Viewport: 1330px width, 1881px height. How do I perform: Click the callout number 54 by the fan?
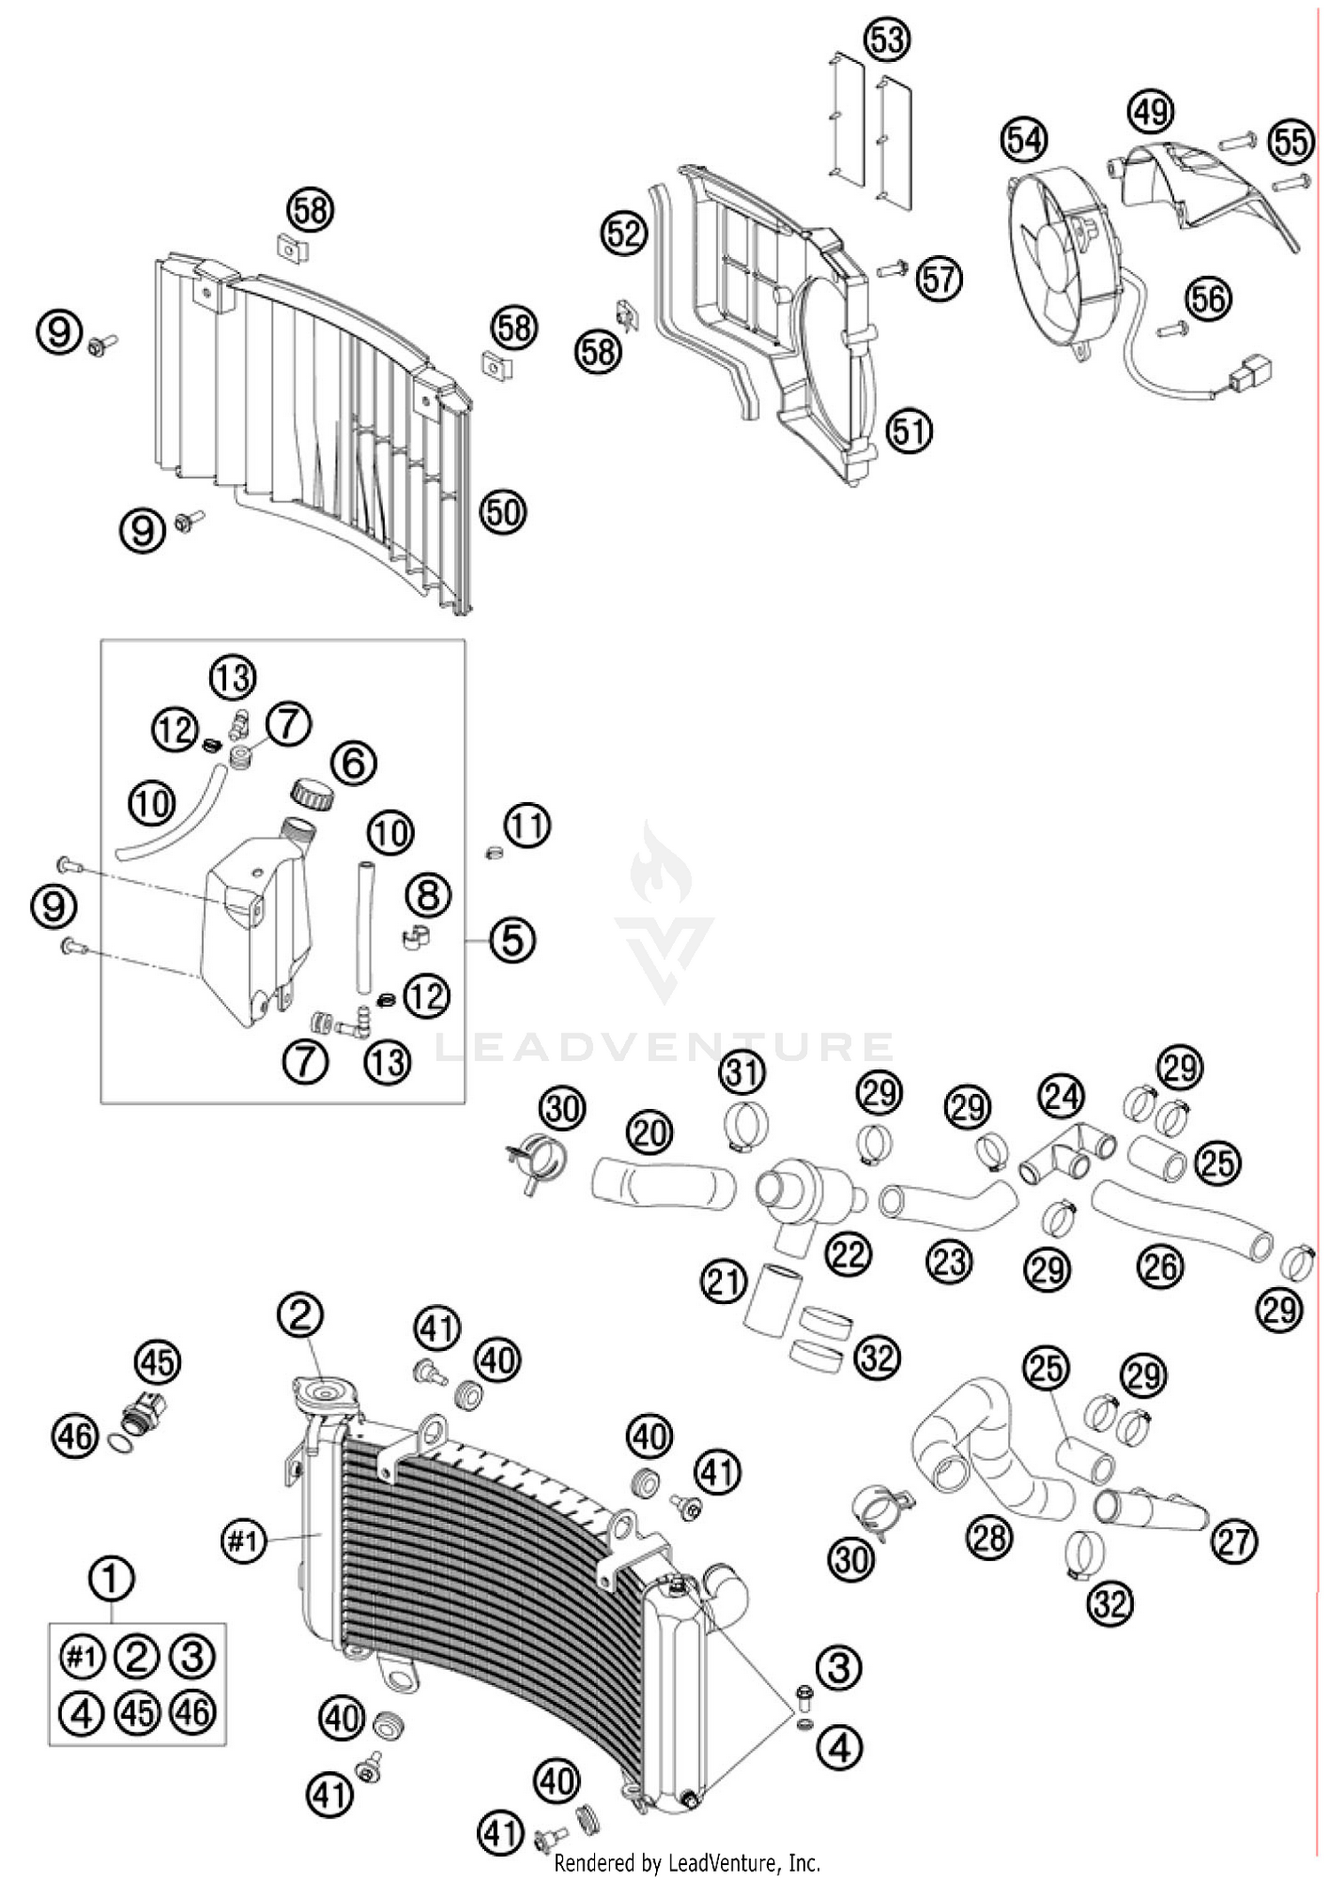[x=1024, y=140]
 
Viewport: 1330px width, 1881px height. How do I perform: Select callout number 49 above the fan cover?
[x=1150, y=113]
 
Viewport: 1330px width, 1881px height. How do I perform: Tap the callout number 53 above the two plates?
[x=888, y=40]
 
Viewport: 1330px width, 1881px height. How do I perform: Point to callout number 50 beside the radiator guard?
[x=503, y=511]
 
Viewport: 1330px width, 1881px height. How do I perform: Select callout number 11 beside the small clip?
[x=528, y=826]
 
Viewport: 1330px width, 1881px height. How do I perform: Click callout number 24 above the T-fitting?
[x=1061, y=1096]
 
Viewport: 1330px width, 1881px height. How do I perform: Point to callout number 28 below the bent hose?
[x=989, y=1536]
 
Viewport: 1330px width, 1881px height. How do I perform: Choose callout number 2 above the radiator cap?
[x=300, y=1316]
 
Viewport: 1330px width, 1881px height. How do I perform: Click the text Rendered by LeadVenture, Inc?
[x=687, y=1862]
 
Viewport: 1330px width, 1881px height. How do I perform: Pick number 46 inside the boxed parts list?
[x=193, y=1712]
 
